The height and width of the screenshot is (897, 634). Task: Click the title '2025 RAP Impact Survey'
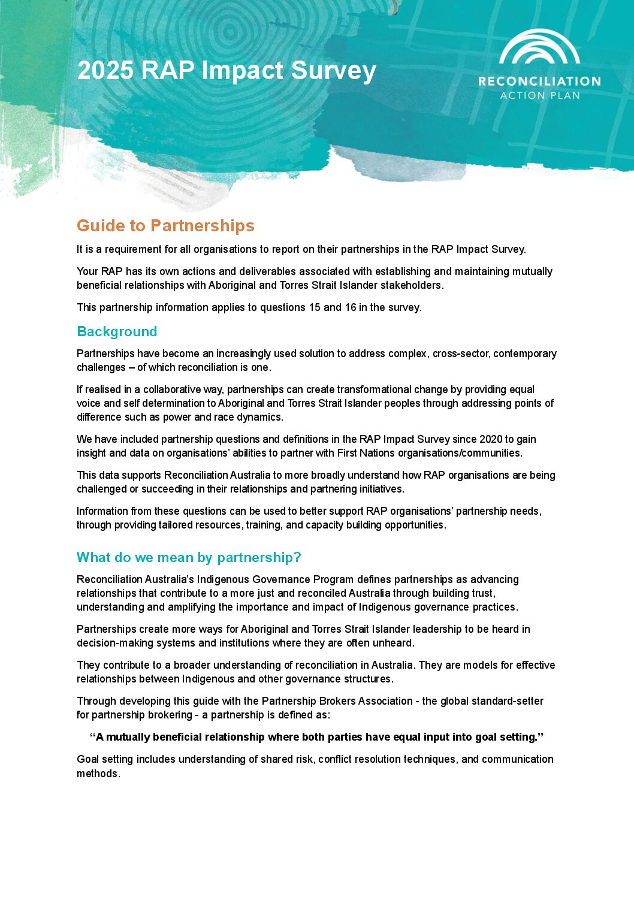pyautogui.click(x=227, y=71)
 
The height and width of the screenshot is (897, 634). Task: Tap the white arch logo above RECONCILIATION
pyautogui.click(x=539, y=48)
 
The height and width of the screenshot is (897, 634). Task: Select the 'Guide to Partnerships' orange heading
pyautogui.click(x=165, y=226)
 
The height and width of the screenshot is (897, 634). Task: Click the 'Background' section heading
pyautogui.click(x=117, y=331)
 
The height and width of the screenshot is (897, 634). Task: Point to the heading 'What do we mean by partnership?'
pyautogui.click(x=189, y=557)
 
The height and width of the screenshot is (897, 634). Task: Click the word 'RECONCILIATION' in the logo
pyautogui.click(x=539, y=81)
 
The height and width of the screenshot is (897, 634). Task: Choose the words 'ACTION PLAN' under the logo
pyautogui.click(x=540, y=95)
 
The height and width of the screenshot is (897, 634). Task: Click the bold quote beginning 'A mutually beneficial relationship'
pyautogui.click(x=316, y=737)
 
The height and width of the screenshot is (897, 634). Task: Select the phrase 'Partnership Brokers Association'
pyautogui.click(x=337, y=701)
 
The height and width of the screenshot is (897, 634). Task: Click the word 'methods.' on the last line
pyautogui.click(x=98, y=774)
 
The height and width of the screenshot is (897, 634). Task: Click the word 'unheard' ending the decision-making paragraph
pyautogui.click(x=395, y=643)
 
